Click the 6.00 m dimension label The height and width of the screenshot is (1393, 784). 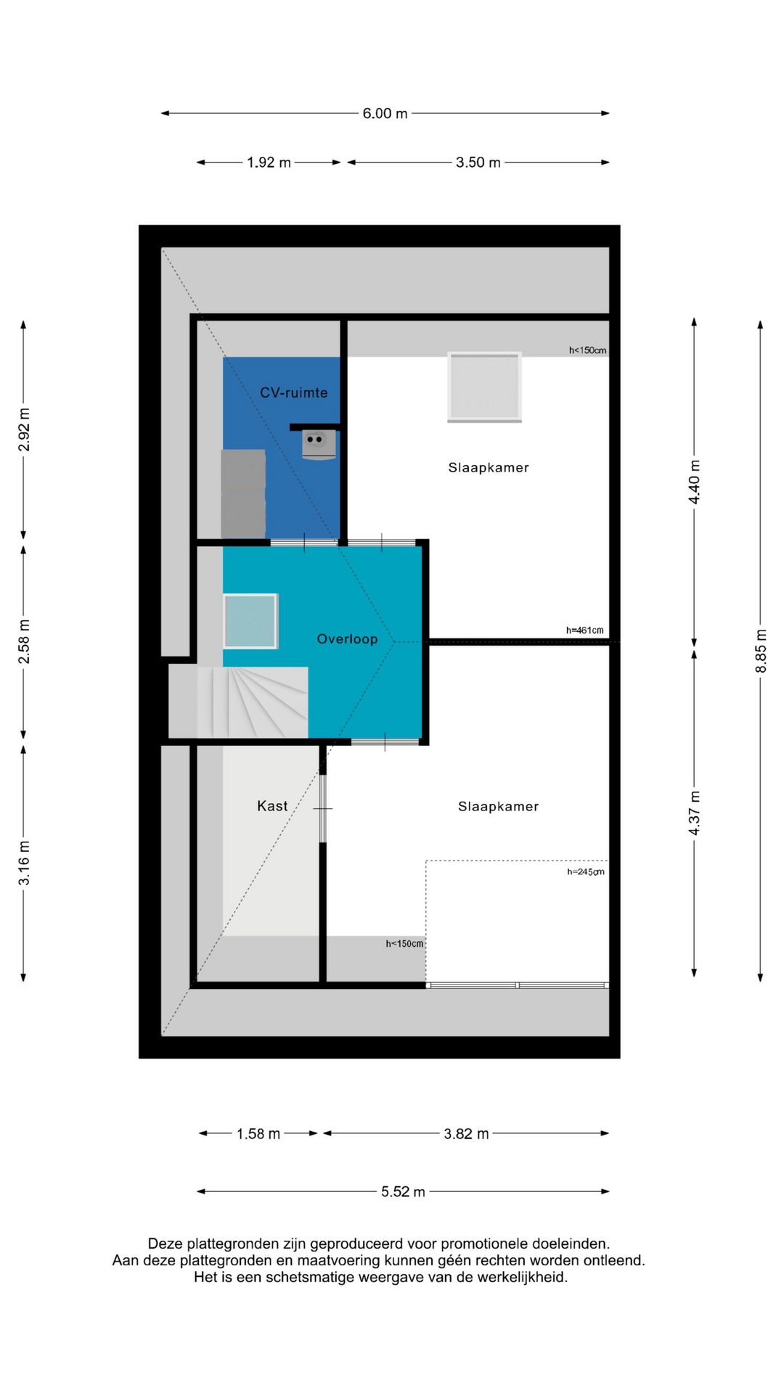[385, 113]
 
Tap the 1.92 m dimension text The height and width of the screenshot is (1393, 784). [269, 163]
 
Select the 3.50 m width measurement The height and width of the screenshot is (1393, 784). [478, 163]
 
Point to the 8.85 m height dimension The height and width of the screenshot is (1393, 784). [761, 650]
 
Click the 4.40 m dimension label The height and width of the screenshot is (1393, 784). [695, 482]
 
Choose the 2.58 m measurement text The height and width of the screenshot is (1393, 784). [24, 642]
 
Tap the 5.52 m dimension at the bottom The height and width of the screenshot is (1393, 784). [403, 1192]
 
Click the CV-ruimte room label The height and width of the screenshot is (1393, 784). [294, 393]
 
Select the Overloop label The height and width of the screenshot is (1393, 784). [347, 639]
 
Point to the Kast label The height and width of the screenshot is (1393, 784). [272, 806]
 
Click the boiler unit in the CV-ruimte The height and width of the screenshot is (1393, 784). [319, 444]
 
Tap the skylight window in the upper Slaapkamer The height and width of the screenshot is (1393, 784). [484, 387]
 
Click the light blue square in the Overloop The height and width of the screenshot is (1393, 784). [250, 621]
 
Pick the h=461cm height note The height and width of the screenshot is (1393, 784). [584, 630]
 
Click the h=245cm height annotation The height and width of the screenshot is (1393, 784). [585, 872]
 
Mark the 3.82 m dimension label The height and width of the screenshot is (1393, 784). [466, 1134]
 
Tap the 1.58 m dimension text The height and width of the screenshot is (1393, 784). [258, 1134]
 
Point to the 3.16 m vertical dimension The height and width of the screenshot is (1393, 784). [24, 863]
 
